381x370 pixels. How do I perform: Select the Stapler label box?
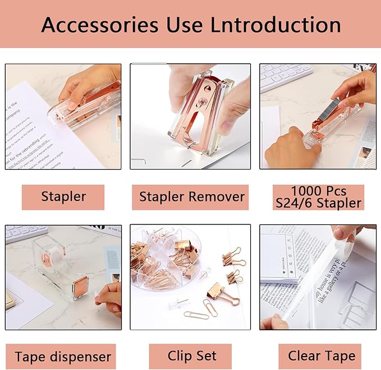(x=63, y=197)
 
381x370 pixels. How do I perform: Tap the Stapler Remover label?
(x=191, y=197)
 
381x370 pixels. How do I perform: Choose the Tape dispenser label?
(x=63, y=357)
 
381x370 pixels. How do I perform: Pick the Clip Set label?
(x=191, y=356)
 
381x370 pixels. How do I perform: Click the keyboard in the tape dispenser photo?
(x=25, y=232)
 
